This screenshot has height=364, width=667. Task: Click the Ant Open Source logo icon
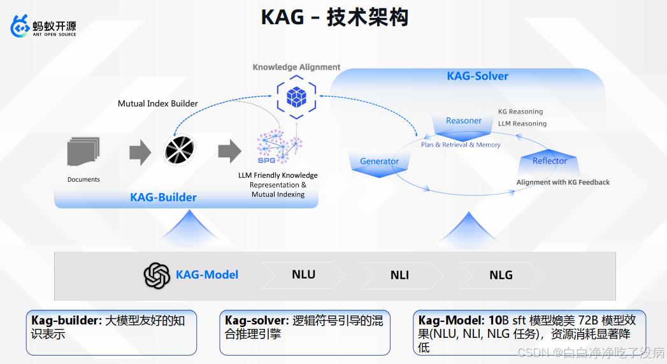[x=21, y=27]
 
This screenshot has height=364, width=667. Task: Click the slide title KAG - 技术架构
[x=334, y=17]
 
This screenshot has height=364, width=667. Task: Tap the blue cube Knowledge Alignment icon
[x=296, y=97]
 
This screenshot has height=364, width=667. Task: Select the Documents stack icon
[x=83, y=154]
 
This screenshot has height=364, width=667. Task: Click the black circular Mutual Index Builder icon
[x=179, y=151]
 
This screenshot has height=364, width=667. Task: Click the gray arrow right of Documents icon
[x=140, y=152]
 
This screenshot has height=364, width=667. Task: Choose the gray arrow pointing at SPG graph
[x=229, y=152]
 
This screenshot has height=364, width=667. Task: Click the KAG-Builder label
[x=163, y=198]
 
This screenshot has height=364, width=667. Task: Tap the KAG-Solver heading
[x=478, y=76]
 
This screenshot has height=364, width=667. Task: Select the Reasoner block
[x=464, y=124]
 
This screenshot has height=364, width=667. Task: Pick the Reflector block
[x=549, y=162]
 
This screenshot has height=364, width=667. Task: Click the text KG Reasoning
[x=520, y=112]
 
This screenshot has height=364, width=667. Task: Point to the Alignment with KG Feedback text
[x=563, y=182]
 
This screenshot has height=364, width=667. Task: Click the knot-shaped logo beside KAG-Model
[x=157, y=275]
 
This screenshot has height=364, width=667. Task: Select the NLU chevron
[x=304, y=275]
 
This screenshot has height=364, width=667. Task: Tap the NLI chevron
[x=400, y=275]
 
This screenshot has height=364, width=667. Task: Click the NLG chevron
[x=501, y=275]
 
